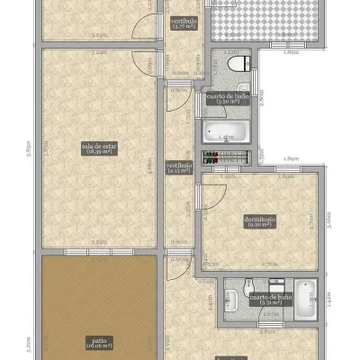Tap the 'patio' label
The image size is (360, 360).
[100, 342]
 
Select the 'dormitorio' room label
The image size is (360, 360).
[259, 222]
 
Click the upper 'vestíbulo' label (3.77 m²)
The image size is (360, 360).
[184, 23]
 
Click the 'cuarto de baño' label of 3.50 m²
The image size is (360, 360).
[226, 98]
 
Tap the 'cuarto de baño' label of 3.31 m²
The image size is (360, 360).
[270, 299]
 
